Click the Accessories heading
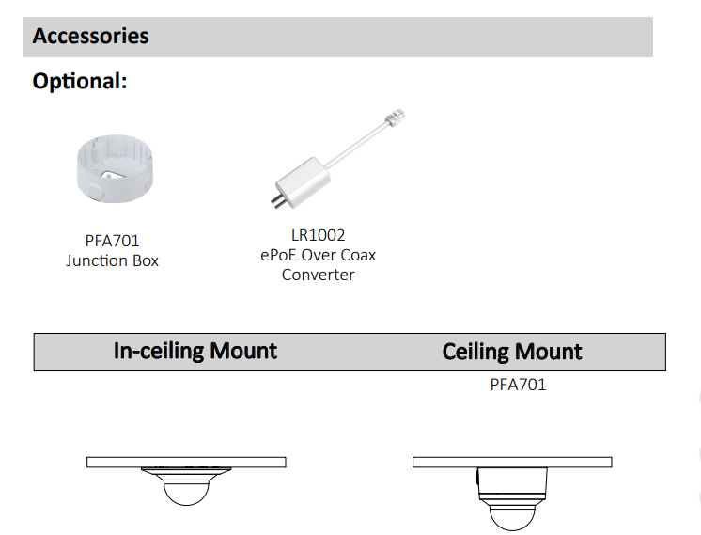coord(90,37)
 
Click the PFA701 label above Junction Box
coord(111,241)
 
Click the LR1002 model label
coord(317,235)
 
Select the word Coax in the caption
coord(357,255)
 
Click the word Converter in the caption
coord(318,275)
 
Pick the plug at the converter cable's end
coord(395,119)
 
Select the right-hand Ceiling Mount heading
coord(512,353)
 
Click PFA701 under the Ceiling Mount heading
coord(518,384)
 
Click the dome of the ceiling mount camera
coord(512,512)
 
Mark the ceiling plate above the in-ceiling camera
coord(186,462)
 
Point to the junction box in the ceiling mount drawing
coord(512,481)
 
